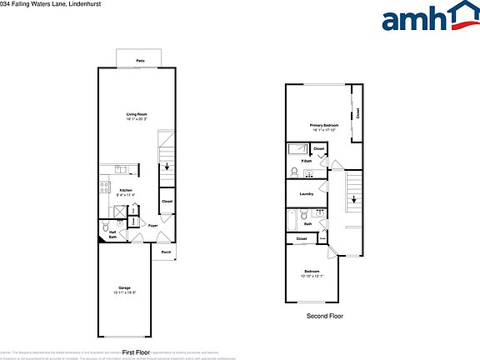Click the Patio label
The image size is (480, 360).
click(141, 61)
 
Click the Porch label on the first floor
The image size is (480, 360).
click(166, 252)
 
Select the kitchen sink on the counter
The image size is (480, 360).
click(122, 169)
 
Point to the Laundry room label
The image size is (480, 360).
click(305, 194)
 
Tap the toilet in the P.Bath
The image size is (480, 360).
click(294, 172)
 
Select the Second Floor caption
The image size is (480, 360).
click(325, 316)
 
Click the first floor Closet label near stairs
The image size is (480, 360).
click(167, 202)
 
